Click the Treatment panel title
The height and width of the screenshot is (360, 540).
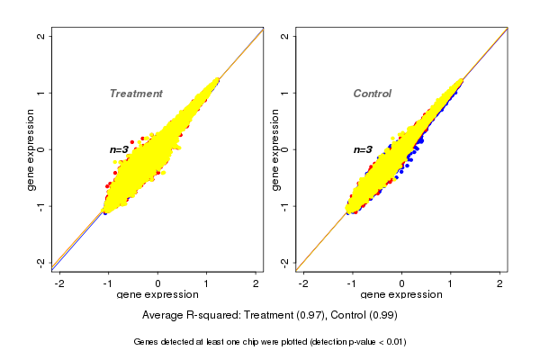point(136,94)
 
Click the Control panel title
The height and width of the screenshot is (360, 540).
point(373,94)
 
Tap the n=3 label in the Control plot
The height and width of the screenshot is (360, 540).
point(363,149)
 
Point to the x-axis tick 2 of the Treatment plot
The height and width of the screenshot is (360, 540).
point(256,283)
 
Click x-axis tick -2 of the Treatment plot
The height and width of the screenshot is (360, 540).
point(59,283)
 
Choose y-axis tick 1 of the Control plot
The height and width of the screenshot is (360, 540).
point(285,93)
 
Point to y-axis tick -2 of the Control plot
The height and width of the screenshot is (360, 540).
point(285,262)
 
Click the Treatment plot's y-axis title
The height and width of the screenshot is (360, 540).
point(31,149)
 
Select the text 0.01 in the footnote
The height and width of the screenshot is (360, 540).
point(391,342)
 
